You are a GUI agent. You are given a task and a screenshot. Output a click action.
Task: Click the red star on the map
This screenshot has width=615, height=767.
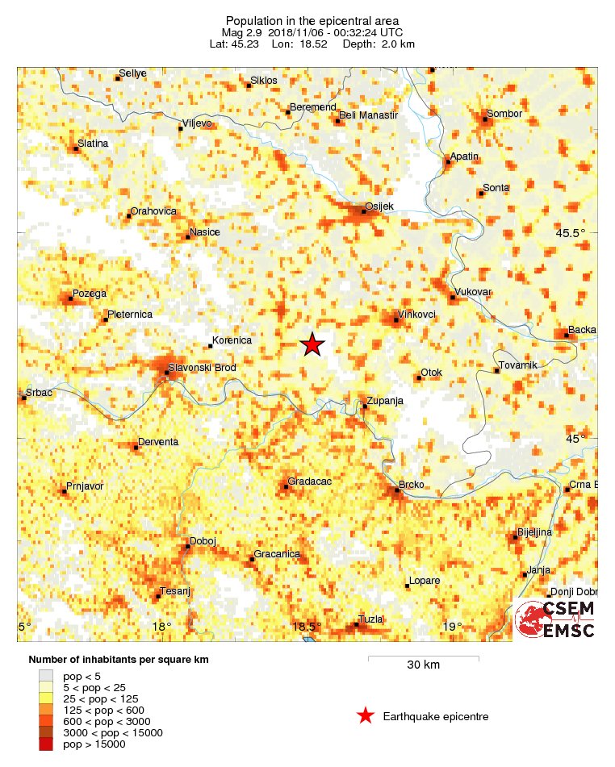[312, 344]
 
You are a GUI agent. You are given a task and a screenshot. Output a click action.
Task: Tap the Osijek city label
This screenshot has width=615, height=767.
[379, 206]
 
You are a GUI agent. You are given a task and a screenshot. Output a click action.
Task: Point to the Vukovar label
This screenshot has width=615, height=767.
[474, 292]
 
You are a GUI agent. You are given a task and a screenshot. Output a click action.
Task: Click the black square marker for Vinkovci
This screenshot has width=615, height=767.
[395, 320]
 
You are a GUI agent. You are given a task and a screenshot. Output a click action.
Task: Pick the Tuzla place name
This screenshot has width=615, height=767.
[370, 619]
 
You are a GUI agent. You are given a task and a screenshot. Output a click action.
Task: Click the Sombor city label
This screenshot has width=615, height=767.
[504, 114]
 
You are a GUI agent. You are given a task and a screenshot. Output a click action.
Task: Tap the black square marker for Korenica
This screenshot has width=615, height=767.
[211, 346]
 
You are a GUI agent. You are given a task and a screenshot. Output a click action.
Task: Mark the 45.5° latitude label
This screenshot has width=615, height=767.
[570, 234]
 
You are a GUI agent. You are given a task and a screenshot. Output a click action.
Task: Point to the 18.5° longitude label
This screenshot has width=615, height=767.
[307, 627]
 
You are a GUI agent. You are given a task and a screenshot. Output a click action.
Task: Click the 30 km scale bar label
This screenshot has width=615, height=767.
[423, 665]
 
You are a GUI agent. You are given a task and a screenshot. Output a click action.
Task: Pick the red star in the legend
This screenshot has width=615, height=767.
[366, 715]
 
